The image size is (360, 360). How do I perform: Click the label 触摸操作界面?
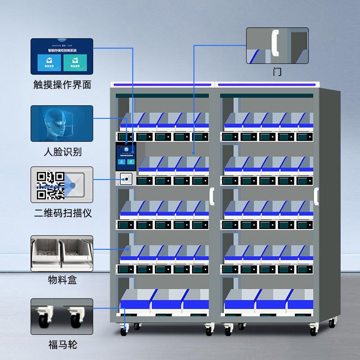click(x=62, y=85)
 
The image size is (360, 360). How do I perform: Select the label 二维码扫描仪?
click(x=62, y=212)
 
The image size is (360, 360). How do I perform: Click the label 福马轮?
click(x=62, y=345)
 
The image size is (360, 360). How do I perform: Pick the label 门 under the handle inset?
click(x=277, y=72)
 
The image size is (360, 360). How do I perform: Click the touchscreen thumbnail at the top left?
click(x=62, y=56)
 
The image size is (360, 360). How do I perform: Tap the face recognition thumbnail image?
click(x=62, y=123)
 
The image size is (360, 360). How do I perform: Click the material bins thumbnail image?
click(x=62, y=253)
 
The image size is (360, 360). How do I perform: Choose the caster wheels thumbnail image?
click(x=62, y=317)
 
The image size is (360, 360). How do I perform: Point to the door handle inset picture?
click(x=277, y=45)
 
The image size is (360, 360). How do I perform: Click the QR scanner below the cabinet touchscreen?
click(x=126, y=179)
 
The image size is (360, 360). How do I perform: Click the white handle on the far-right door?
click(x=317, y=196)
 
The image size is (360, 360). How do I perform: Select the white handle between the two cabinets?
click(x=211, y=197)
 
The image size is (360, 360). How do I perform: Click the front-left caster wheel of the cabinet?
click(x=123, y=332)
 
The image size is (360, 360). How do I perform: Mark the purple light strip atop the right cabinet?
click(x=267, y=85)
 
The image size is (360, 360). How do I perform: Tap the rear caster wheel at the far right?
click(x=332, y=323)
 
